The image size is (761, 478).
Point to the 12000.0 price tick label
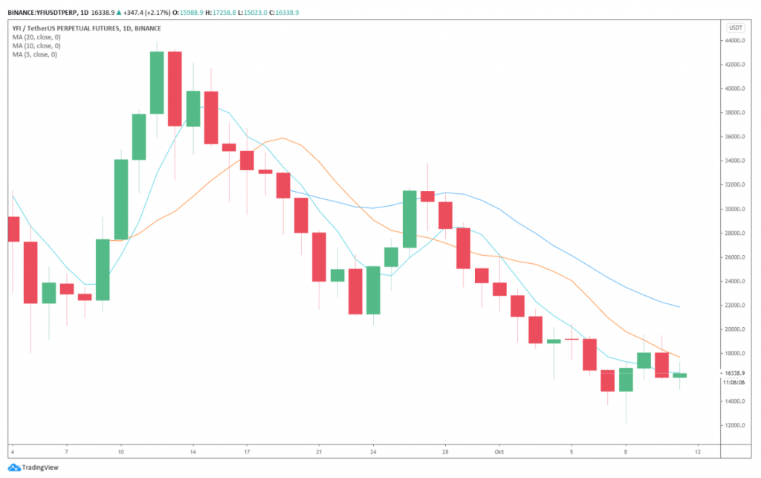tap(735, 426)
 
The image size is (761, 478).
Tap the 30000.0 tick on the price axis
tap(735, 210)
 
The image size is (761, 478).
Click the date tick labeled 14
tap(192, 450)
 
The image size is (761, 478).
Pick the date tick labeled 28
tap(445, 450)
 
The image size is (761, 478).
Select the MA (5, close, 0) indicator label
tap(33, 54)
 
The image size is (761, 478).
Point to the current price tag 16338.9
tap(735, 373)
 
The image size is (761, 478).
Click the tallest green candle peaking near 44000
tap(157, 83)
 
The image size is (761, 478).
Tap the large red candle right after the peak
tap(175, 88)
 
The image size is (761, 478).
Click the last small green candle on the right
tap(680, 375)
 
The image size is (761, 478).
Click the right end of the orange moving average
tap(679, 357)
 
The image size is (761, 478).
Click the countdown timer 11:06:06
tap(735, 382)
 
